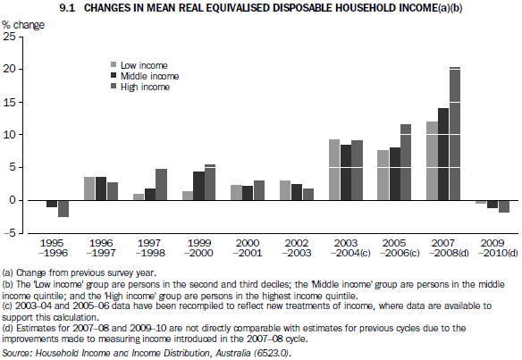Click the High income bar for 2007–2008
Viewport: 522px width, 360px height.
coord(455,134)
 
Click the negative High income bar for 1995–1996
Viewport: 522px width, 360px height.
coord(63,208)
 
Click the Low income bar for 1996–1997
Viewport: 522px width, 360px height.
coord(89,188)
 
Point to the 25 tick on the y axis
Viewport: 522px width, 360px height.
coord(9,37)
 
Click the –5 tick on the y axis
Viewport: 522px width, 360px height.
coord(9,233)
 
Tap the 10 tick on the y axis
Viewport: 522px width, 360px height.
coord(9,135)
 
